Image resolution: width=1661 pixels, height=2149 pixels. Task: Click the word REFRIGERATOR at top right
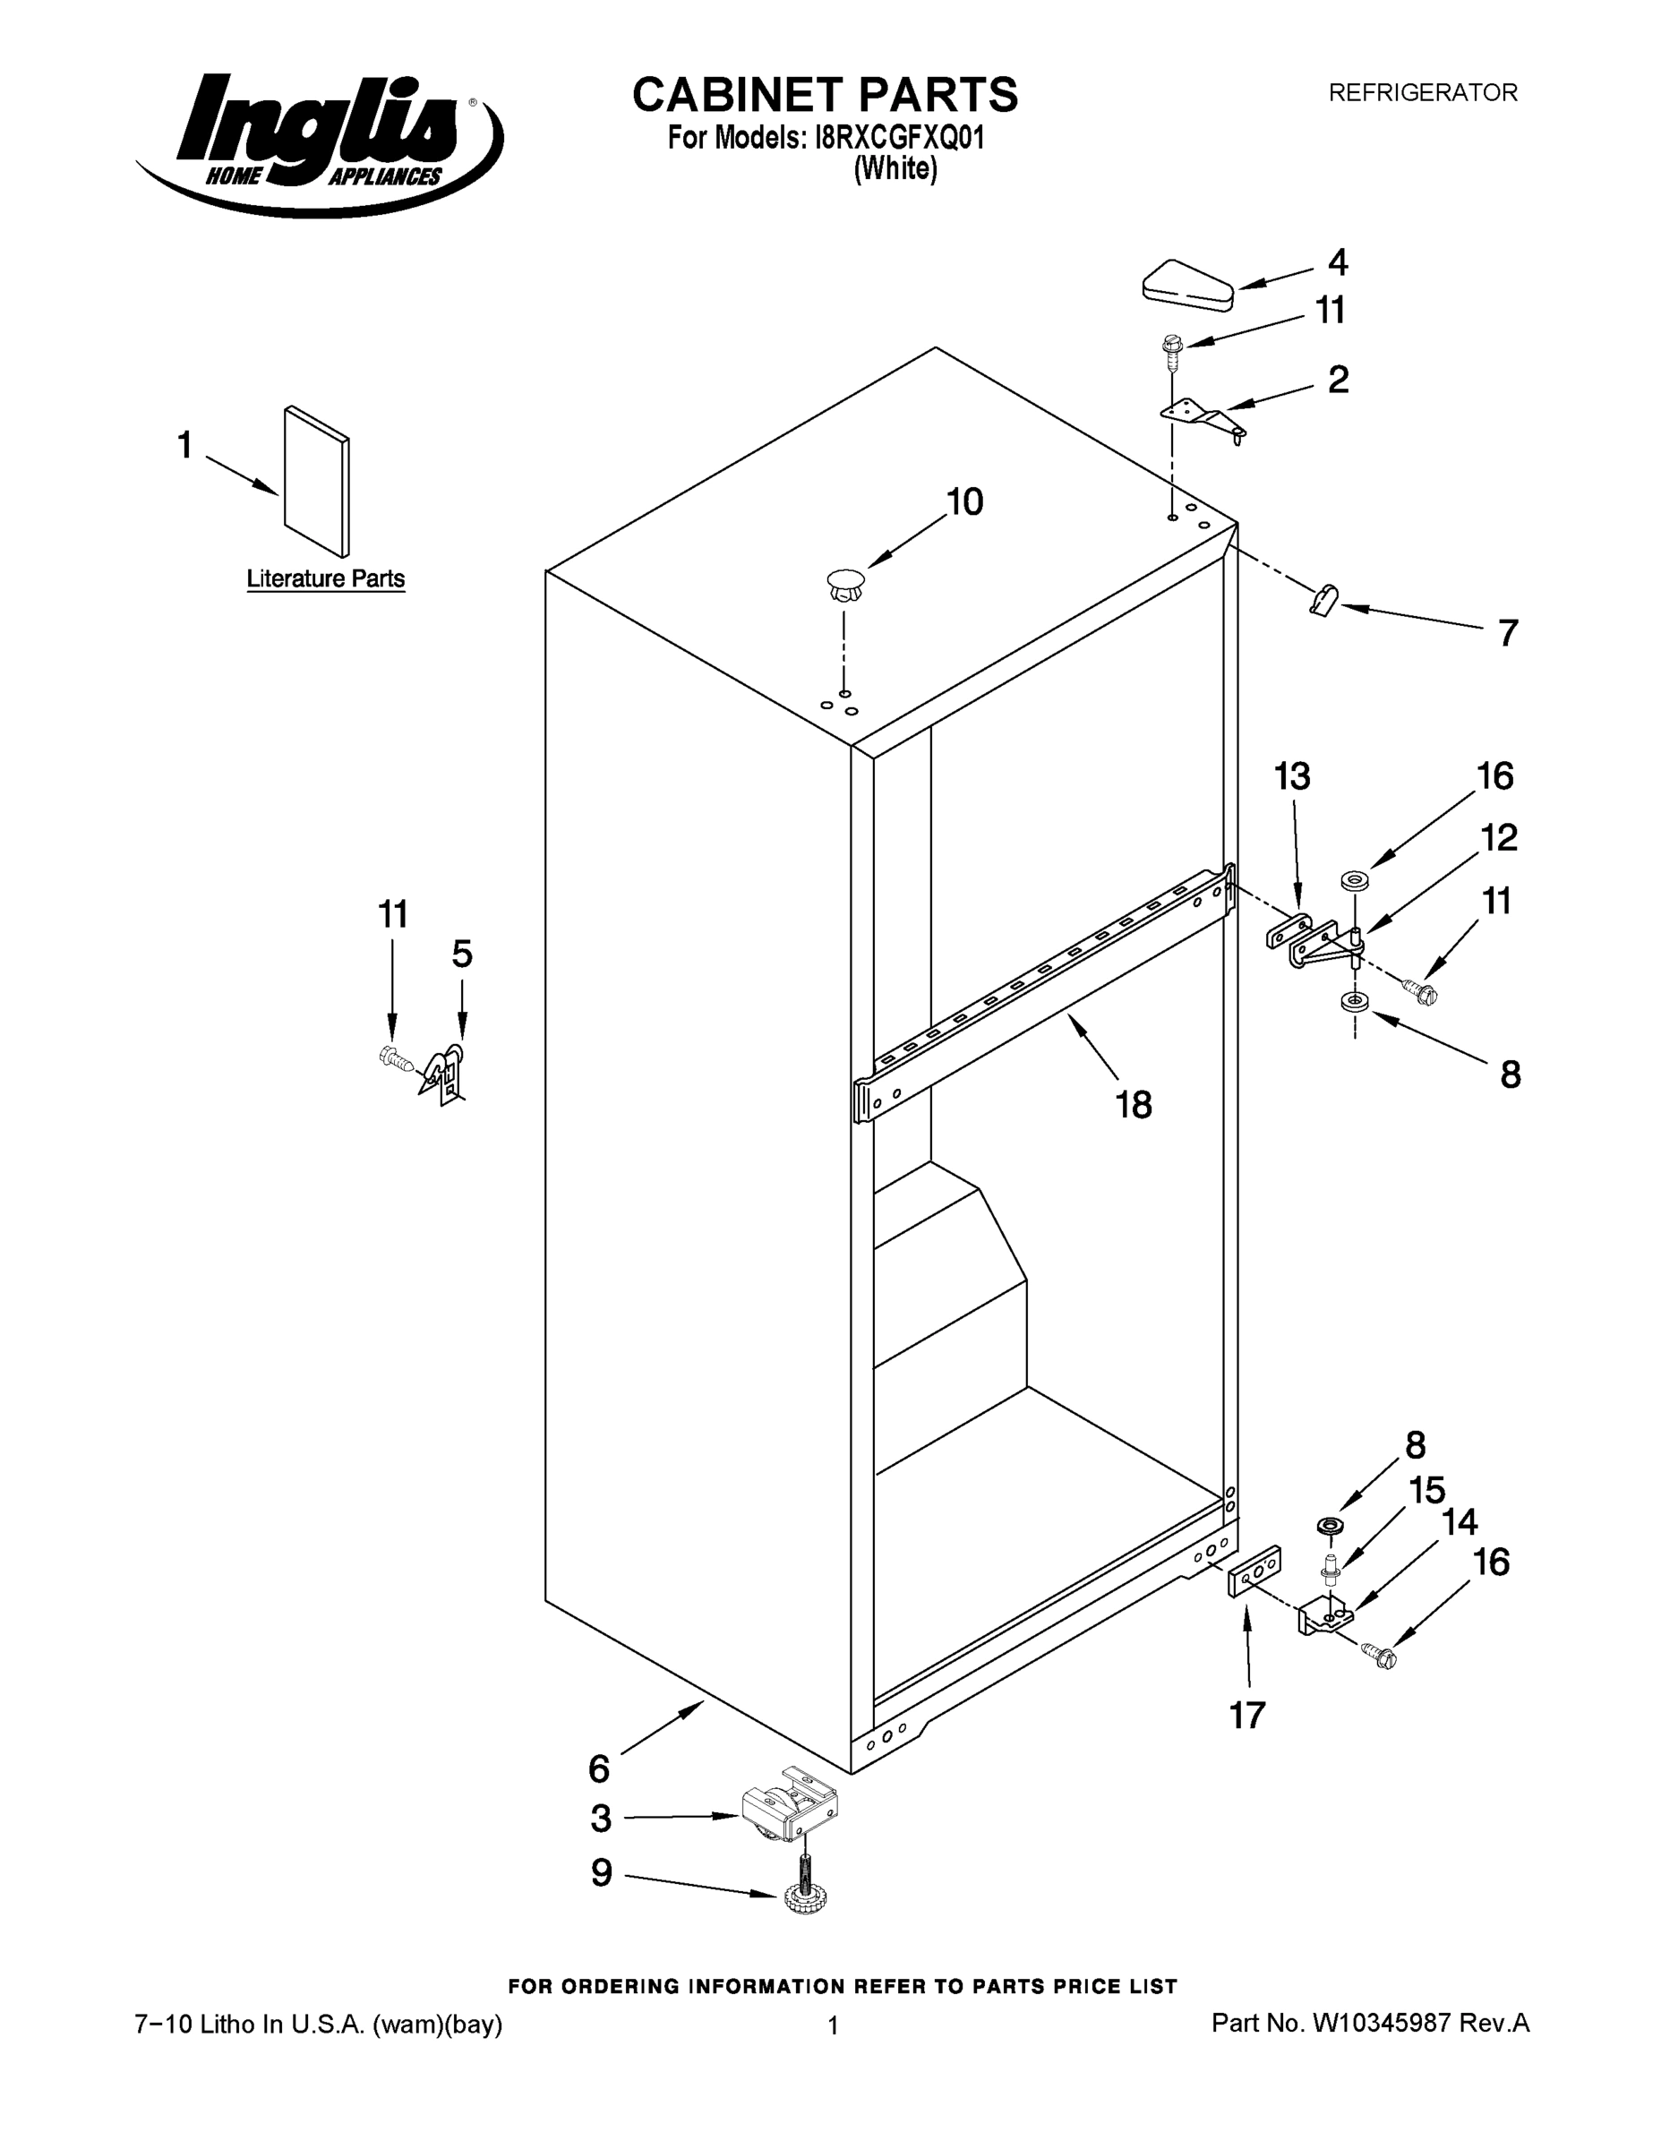coord(1423,92)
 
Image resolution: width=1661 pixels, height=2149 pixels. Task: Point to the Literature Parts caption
coord(325,578)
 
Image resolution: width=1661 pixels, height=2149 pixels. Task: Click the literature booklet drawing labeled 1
coord(316,480)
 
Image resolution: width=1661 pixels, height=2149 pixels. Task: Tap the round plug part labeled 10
coord(844,587)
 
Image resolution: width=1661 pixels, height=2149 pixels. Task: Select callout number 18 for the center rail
coord(1134,1105)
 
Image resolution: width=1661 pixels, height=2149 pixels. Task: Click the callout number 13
coord(1292,776)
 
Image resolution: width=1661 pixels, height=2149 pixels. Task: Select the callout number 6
coord(599,1769)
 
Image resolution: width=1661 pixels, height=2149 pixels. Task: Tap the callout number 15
coord(1426,1490)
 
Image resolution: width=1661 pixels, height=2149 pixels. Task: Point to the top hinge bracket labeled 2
coord(1203,416)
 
